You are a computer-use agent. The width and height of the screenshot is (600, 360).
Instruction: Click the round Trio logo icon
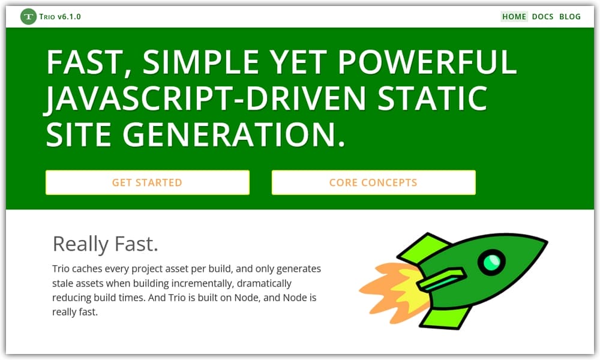coord(28,17)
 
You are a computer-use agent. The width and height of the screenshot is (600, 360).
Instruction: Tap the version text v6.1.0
coord(69,17)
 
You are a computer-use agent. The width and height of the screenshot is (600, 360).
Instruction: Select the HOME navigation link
coord(514,17)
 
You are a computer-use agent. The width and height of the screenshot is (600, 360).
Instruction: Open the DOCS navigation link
coord(542,17)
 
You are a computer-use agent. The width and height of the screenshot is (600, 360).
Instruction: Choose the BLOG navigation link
coord(570,17)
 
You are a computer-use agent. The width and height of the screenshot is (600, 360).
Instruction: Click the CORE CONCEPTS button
coord(373,182)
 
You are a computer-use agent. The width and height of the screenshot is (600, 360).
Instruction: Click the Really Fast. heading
coord(106,244)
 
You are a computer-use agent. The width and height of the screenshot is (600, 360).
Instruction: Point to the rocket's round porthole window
coord(491,262)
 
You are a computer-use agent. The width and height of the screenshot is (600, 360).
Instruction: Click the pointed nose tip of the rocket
coord(545,242)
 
